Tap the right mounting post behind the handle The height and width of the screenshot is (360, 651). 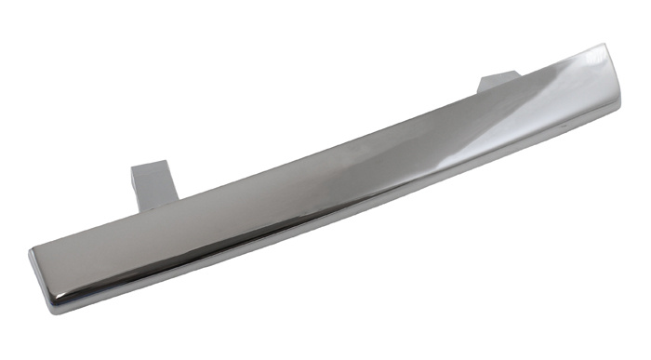point(498,84)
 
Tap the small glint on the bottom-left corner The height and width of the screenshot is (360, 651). point(58,296)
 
